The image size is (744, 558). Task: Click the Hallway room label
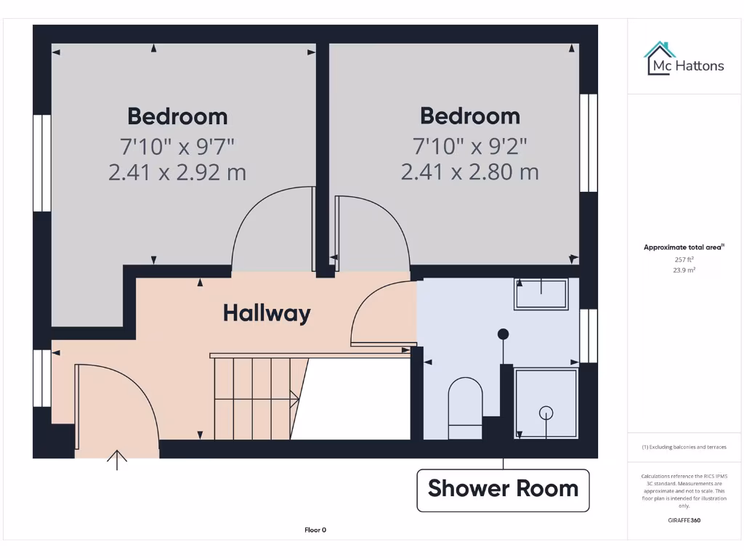(267, 313)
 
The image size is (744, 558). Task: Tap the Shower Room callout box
(503, 489)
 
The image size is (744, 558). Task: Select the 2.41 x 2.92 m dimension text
(177, 172)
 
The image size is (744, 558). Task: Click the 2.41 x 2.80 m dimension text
(470, 171)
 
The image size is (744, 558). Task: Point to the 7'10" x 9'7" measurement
(177, 146)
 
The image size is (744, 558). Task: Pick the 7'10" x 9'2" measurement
(470, 146)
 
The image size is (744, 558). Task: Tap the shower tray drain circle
(546, 413)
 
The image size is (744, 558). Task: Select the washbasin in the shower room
(541, 294)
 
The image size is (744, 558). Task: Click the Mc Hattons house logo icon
(660, 57)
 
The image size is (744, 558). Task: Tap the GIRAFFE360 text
(683, 520)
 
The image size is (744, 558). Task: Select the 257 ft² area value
(684, 259)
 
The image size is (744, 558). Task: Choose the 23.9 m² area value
(684, 270)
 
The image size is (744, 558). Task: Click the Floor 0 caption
(315, 530)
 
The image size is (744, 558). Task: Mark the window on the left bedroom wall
(42, 163)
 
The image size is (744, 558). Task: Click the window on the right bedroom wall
(588, 142)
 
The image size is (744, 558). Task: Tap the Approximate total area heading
(683, 248)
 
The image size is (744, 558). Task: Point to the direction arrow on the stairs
(294, 398)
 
